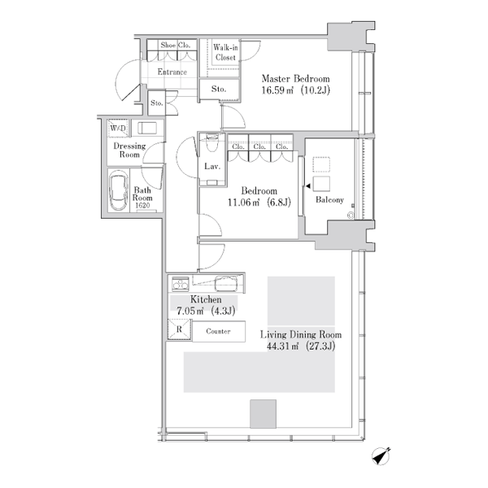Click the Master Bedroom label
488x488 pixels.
pos(295,78)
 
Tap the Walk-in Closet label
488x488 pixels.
pos(225,52)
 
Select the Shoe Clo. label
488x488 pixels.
pos(175,45)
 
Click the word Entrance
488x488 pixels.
pos(172,72)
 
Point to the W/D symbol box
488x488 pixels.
pos(118,128)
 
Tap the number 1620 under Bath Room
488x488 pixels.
pos(142,206)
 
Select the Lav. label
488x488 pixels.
pos(212,167)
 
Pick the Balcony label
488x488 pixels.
pos(329,199)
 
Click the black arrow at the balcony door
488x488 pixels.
pos(308,186)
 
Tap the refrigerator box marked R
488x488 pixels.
pos(179,329)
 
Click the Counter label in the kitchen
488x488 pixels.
pos(218,331)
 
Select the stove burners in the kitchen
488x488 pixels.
pos(181,284)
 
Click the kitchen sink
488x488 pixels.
pos(226,283)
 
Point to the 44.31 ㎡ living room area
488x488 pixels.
pos(282,346)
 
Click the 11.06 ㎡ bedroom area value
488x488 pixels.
pos(244,203)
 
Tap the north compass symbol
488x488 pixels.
pos(381,456)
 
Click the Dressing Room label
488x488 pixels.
pos(129,150)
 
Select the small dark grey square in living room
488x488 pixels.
pos(263,414)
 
